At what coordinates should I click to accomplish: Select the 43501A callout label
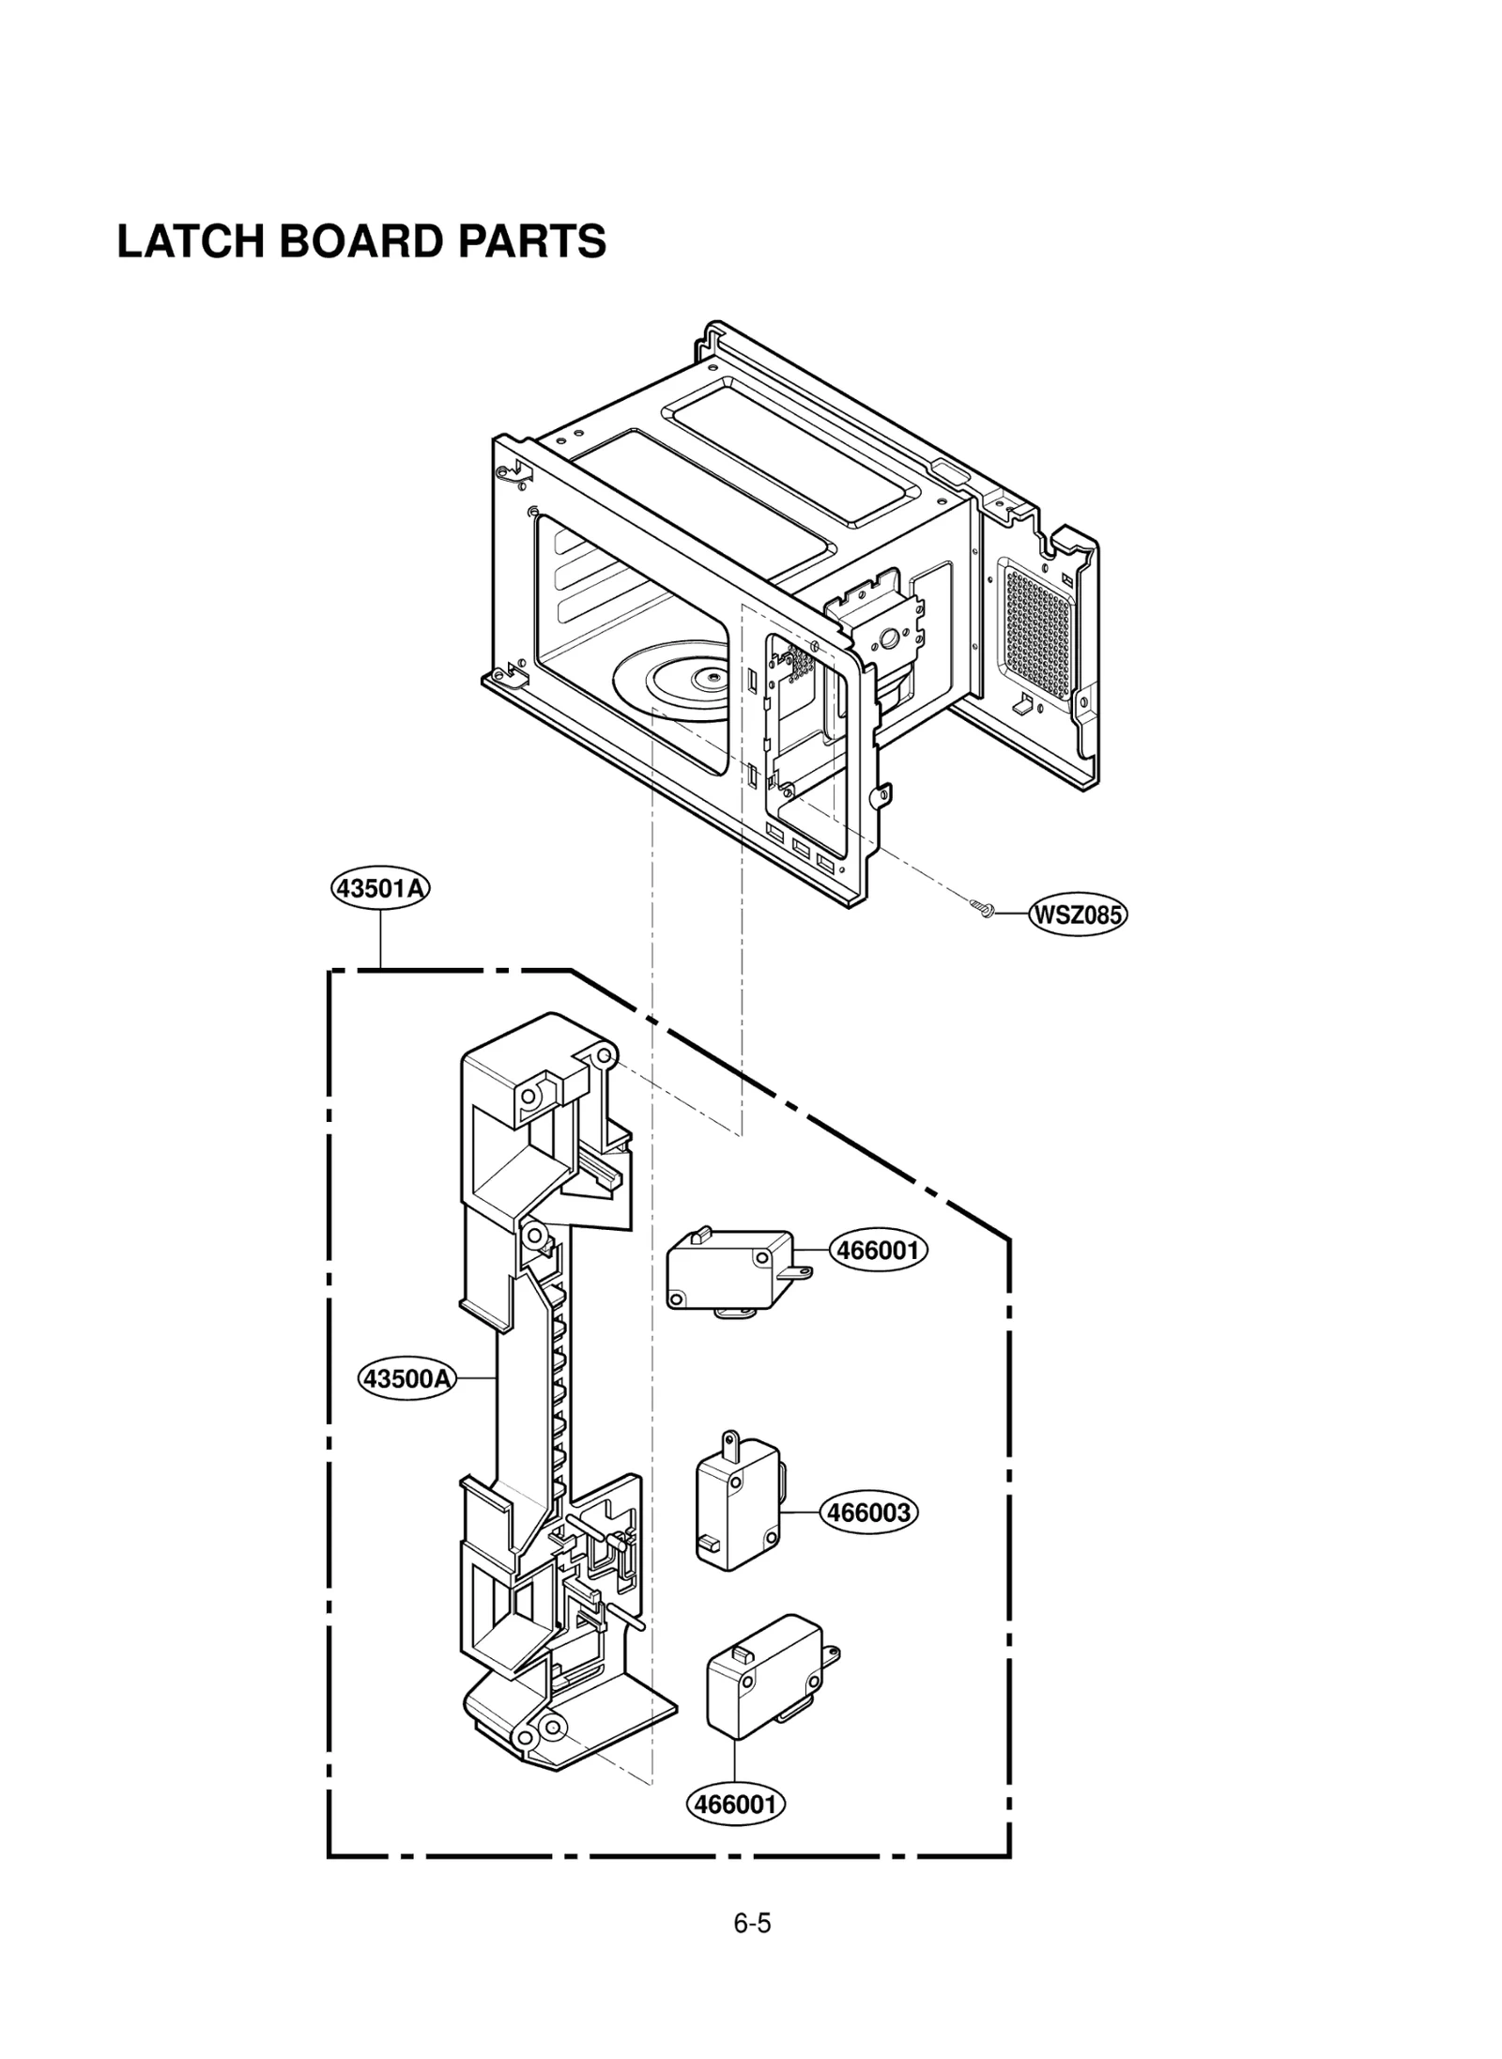click(x=380, y=887)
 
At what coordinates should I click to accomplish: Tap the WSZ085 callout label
click(x=1077, y=914)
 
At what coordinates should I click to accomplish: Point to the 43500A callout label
click(x=407, y=1378)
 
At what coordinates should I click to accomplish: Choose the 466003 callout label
click(x=868, y=1513)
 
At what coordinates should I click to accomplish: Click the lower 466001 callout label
click(x=736, y=1804)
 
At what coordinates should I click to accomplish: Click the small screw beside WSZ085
click(x=982, y=907)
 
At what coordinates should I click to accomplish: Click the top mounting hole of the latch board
click(x=605, y=1058)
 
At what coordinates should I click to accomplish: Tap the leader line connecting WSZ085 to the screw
click(x=1010, y=912)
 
